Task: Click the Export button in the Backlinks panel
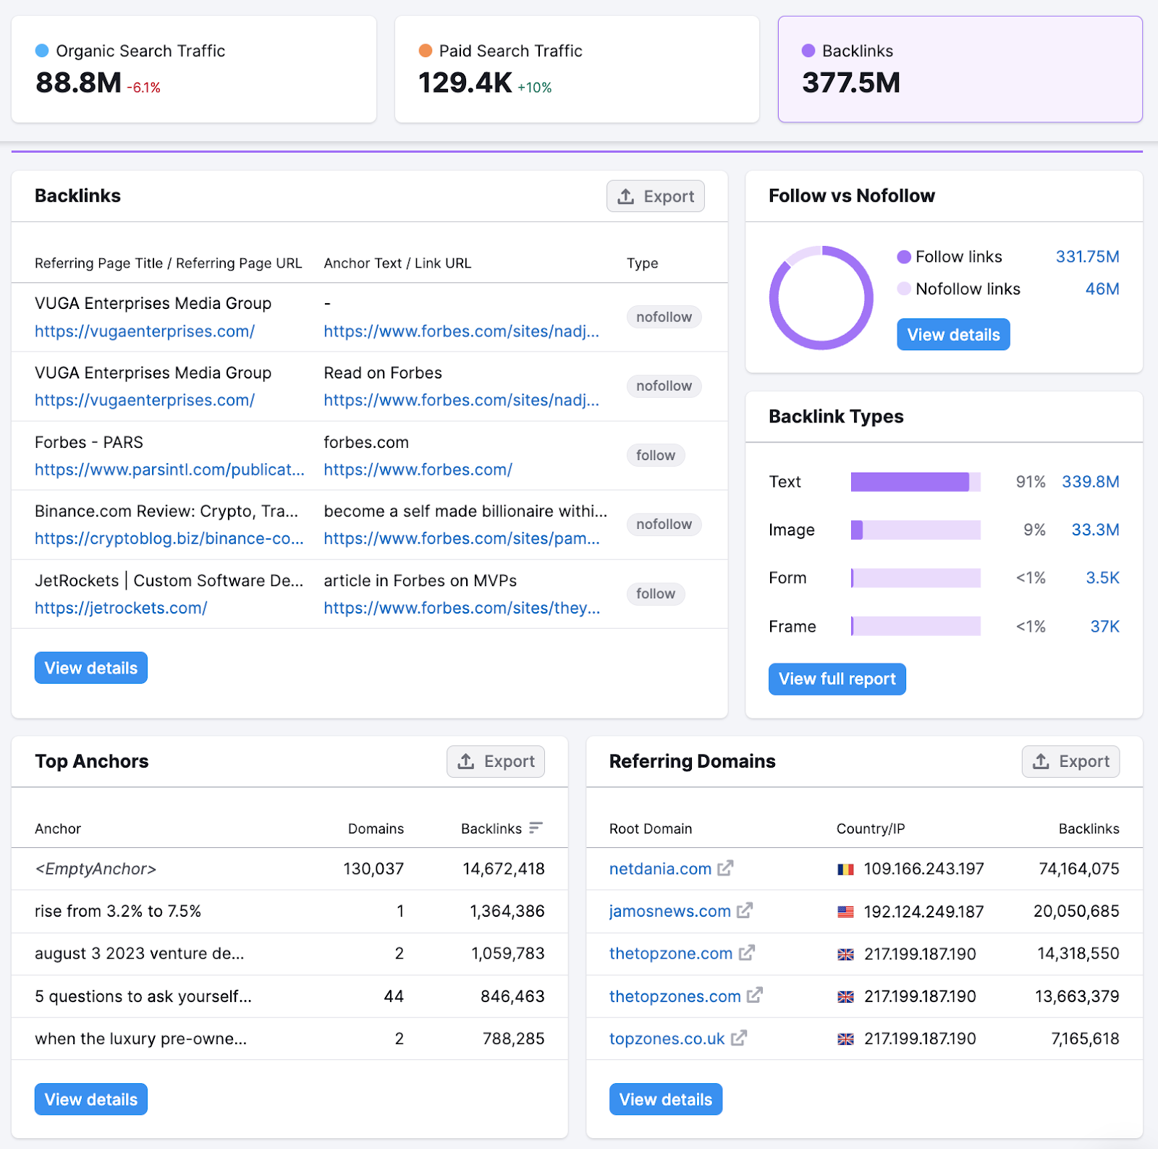tap(655, 196)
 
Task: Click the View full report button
tap(837, 679)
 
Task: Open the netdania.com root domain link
tap(660, 869)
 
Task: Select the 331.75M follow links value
tap(1087, 257)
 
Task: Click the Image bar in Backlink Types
tap(915, 530)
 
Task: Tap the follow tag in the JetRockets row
tap(655, 594)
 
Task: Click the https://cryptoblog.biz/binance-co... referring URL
tap(169, 539)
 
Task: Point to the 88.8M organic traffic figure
tap(78, 83)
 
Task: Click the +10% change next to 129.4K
tap(534, 88)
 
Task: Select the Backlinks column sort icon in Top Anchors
tap(536, 828)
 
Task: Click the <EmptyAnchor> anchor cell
tap(96, 869)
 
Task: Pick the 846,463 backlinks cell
tap(512, 996)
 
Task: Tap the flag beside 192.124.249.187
tap(845, 912)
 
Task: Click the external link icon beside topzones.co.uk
tap(739, 1038)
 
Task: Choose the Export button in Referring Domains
tap(1070, 761)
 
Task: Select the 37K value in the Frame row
tap(1104, 627)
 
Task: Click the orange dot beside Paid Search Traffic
tap(426, 51)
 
